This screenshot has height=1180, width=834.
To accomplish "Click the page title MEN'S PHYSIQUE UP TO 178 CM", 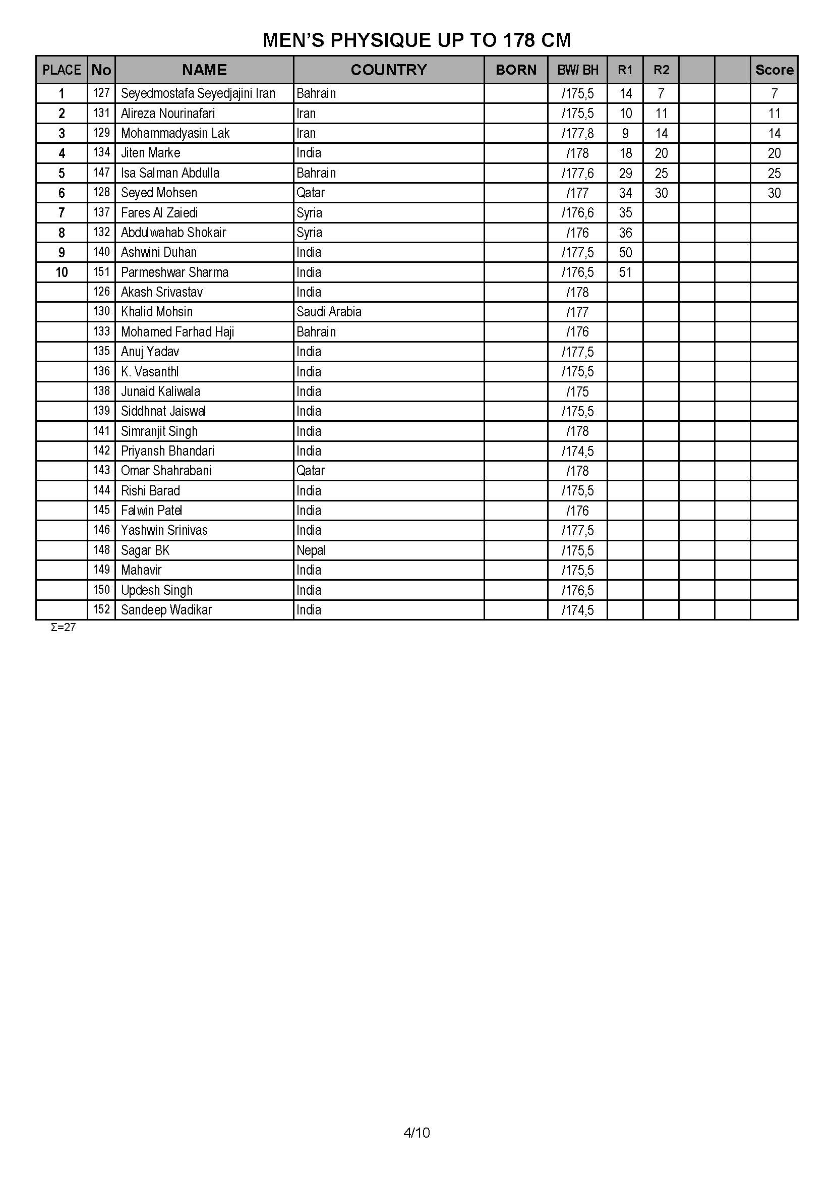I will pos(416,40).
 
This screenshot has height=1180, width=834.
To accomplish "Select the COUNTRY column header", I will pos(388,70).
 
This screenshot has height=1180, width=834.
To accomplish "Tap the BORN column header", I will pos(516,70).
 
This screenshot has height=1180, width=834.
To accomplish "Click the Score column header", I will pos(774,70).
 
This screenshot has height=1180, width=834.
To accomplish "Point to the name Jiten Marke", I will pos(150,153).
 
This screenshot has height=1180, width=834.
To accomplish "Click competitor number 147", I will pos(102,173).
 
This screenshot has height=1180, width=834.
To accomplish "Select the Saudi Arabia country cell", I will pos(329,312).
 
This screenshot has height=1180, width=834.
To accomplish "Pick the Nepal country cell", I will pos(311,550).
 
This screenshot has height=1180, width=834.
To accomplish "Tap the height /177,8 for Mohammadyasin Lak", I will pos(578,134).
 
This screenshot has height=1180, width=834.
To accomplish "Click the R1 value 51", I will pos(625,272).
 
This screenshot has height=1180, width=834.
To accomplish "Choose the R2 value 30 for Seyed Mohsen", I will pos(661,193).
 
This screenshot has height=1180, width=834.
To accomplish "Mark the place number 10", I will pos(62,272).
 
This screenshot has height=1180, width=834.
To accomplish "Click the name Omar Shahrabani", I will pos(166,471).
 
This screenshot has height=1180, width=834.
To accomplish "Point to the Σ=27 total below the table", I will pos(63,628).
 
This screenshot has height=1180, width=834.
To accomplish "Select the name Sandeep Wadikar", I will pos(166,610).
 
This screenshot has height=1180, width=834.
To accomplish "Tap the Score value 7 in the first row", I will pos(774,93).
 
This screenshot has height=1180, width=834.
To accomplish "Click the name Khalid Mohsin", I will pos(157,312).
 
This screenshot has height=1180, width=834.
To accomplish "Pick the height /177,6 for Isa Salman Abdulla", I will pos(578,173).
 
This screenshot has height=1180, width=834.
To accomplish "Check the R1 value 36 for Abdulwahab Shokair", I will pos(625,233).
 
